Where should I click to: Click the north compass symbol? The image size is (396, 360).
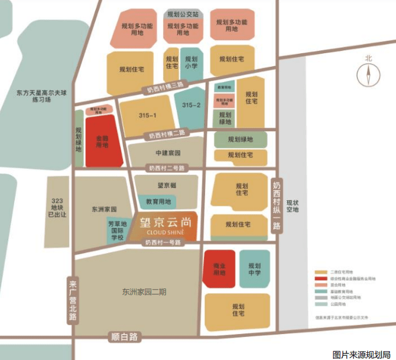369,74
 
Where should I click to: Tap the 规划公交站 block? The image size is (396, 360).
183,14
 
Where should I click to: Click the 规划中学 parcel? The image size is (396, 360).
254,269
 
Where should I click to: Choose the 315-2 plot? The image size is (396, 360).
191,105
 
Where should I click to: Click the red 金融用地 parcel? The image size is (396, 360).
102,141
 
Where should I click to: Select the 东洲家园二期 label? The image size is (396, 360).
144,291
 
